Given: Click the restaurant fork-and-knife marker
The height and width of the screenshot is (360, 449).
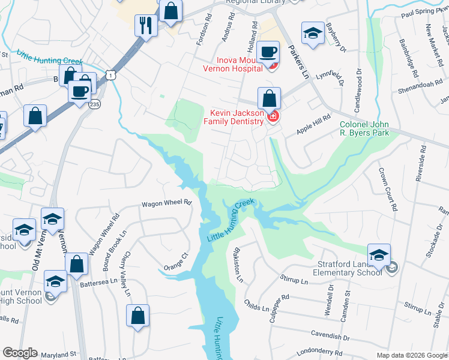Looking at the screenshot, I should [146, 25].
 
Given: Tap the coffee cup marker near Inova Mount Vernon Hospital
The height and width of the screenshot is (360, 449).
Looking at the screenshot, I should [268, 52].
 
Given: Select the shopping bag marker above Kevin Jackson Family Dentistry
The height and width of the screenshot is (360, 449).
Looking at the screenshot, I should [270, 98].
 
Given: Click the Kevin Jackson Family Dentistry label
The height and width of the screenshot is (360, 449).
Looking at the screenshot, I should [237, 117].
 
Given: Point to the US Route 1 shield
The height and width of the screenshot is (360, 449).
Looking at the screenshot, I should [109, 74].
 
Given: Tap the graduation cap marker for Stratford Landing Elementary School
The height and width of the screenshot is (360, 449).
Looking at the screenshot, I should [379, 254].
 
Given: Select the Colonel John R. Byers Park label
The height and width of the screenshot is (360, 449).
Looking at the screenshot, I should [364, 128].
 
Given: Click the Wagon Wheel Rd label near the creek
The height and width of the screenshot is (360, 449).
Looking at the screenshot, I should [166, 203].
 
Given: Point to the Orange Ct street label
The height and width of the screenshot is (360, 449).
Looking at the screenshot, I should [176, 262].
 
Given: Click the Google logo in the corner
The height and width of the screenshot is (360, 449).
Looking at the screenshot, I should [20, 353].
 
